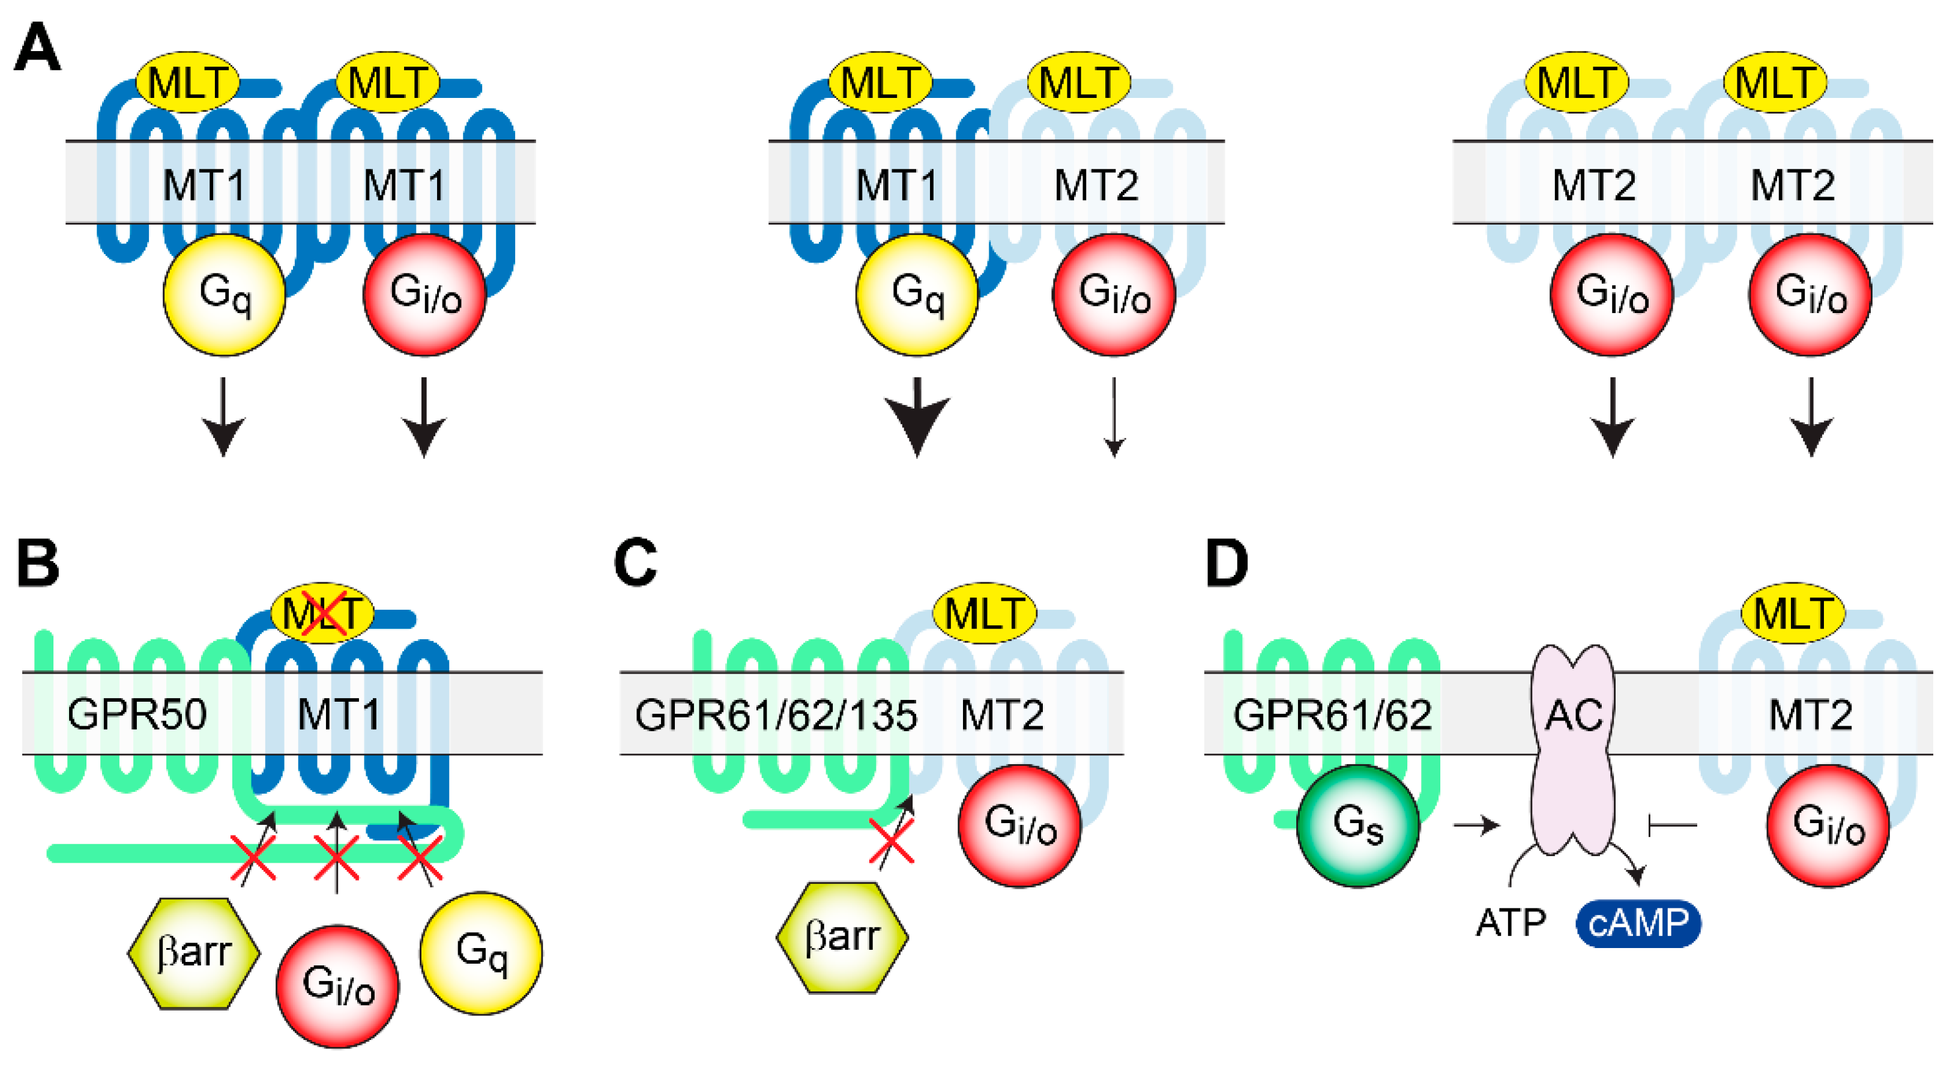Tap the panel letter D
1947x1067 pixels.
pos(1226,564)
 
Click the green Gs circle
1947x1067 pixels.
pos(1357,825)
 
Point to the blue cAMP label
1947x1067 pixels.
pos(1638,923)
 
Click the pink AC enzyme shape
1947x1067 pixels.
pos(1573,749)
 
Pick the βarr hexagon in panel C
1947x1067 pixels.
pos(842,937)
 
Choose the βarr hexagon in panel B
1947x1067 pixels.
pos(193,953)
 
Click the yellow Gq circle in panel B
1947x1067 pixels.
pos(481,953)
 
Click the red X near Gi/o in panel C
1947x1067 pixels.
pos(892,841)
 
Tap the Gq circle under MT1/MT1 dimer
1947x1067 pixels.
pos(225,295)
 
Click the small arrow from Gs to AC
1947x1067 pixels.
pos(1476,825)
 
